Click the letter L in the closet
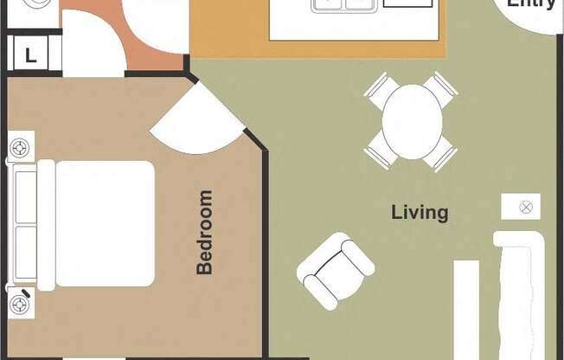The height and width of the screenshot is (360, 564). tap(30, 56)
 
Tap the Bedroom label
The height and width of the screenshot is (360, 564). tap(204, 232)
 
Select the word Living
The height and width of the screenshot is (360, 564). tap(420, 212)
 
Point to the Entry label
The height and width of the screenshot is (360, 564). tap(530, 4)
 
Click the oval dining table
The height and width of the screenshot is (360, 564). tap(412, 121)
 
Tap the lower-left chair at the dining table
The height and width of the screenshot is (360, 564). tap(380, 154)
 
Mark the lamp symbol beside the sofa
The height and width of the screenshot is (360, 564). tap(521, 207)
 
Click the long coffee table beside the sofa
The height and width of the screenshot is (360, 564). tap(466, 309)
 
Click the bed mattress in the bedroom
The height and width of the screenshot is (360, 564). tap(104, 224)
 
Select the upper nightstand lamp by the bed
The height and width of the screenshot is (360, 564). tap(21, 148)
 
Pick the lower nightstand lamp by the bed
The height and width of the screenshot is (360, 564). tap(21, 304)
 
